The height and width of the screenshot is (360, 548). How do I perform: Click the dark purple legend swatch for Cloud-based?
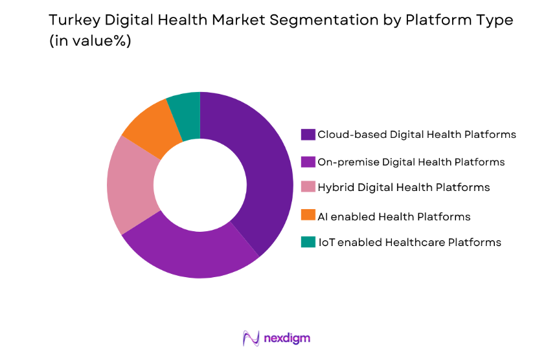[x=308, y=135]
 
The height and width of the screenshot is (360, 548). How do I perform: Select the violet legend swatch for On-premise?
[x=308, y=162]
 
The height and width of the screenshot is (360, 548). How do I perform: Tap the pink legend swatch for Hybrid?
[x=308, y=188]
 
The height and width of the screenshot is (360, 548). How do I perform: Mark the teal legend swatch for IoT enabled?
[x=308, y=242]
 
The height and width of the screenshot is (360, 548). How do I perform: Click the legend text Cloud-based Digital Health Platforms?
[x=417, y=135]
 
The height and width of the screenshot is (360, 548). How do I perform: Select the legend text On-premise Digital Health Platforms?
[x=411, y=162]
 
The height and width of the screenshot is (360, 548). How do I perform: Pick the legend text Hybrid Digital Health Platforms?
[x=404, y=188]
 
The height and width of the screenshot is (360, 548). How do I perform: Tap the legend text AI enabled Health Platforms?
[x=394, y=216]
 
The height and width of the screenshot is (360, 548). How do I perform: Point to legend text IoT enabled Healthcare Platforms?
[x=409, y=242]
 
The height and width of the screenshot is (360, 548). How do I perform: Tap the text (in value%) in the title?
[x=92, y=41]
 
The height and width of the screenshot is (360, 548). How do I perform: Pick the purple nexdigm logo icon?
[x=251, y=338]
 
